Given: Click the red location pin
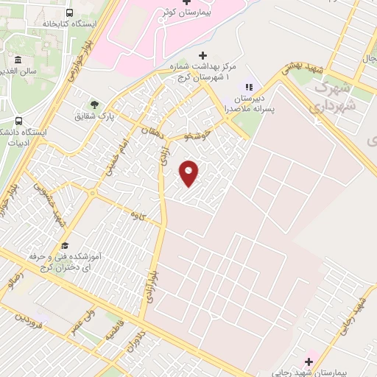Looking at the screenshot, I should point(189,172).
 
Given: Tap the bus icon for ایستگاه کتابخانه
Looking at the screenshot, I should point(69,13).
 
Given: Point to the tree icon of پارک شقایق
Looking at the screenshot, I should point(94,105).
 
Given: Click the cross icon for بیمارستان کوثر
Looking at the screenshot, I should point(186,3).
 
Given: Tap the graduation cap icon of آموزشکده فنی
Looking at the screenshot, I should point(65,245).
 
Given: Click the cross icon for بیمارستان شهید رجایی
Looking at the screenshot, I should point(309,361).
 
